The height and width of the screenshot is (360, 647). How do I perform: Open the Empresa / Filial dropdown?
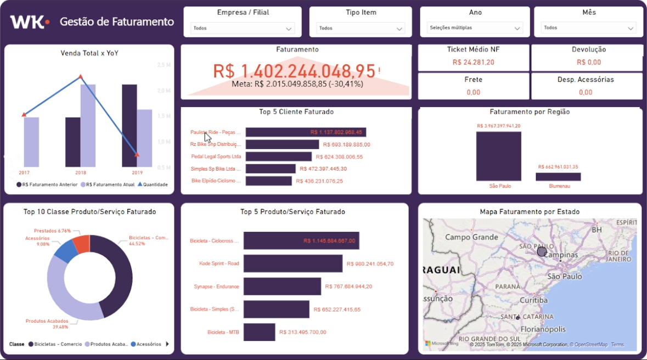pyautogui.click(x=242, y=28)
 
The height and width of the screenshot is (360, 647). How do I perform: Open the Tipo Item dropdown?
pyautogui.click(x=361, y=28)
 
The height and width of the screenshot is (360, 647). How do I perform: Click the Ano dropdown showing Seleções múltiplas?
pyautogui.click(x=475, y=28)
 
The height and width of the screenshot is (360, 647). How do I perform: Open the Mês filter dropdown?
pyautogui.click(x=588, y=28)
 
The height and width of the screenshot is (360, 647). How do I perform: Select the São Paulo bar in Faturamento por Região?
pyautogui.click(x=498, y=156)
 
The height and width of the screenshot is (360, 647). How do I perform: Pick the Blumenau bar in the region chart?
pyautogui.click(x=558, y=177)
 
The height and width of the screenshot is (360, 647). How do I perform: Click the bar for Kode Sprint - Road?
pyautogui.click(x=293, y=263)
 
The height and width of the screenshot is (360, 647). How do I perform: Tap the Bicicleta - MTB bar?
pyautogui.click(x=259, y=332)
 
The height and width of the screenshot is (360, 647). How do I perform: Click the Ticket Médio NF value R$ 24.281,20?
pyautogui.click(x=473, y=63)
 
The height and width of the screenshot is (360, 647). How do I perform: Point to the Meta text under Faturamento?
pyautogui.click(x=297, y=84)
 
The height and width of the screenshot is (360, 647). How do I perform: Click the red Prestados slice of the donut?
pyautogui.click(x=81, y=244)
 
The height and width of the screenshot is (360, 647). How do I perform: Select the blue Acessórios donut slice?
pyautogui.click(x=67, y=251)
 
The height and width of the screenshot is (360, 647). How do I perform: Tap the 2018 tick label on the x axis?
pyautogui.click(x=81, y=172)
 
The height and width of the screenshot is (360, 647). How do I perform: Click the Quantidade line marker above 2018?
pyautogui.click(x=81, y=77)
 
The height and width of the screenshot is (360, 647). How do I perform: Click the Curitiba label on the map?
pyautogui.click(x=533, y=300)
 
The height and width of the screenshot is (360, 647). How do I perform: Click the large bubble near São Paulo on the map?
pyautogui.click(x=542, y=251)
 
